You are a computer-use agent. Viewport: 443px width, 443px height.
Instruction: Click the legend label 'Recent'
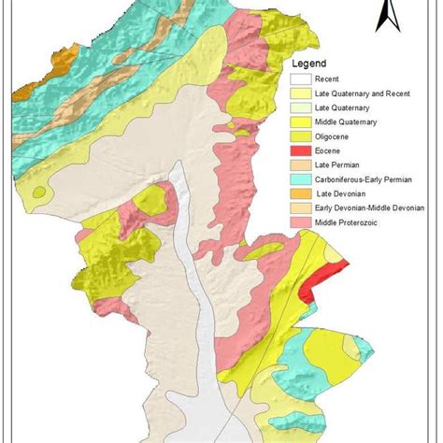327,79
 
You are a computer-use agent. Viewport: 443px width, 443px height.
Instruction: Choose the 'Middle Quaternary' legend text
344,121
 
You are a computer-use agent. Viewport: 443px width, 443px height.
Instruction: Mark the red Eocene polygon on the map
323,280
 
